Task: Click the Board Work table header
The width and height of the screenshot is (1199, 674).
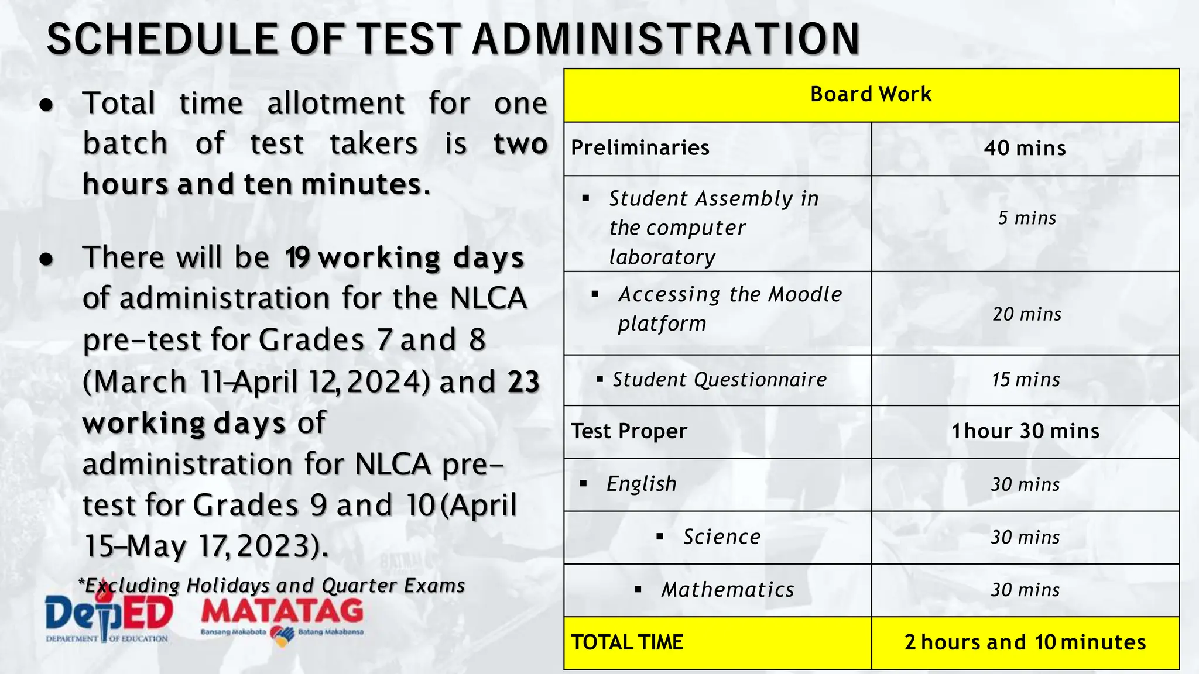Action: tap(871, 94)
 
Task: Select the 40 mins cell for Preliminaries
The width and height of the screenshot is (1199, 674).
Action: tap(1025, 148)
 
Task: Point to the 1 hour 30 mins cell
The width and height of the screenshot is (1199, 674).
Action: tap(1025, 431)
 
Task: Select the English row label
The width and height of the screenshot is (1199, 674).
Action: tap(641, 484)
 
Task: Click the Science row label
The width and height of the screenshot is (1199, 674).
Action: tap(722, 537)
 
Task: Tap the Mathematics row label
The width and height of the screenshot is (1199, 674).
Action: tap(728, 590)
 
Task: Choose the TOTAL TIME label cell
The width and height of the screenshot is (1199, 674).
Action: tap(627, 642)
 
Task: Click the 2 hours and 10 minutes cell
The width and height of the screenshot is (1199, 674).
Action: tap(1025, 642)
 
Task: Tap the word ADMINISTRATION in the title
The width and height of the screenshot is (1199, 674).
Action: tap(666, 39)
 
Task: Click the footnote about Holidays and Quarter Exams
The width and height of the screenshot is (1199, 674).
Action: tap(272, 586)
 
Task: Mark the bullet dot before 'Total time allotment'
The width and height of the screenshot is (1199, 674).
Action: tap(47, 105)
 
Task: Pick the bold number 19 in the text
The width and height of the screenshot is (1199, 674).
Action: tap(297, 257)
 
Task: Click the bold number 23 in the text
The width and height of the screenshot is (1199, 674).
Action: tap(523, 382)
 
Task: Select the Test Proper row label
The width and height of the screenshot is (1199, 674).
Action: tap(629, 431)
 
